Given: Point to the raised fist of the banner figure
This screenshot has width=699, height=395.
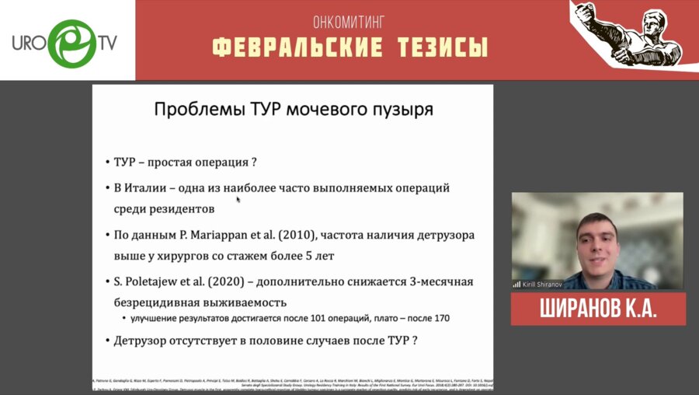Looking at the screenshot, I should coord(586,13).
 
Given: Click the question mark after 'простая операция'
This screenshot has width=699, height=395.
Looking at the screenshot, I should coord(253,163).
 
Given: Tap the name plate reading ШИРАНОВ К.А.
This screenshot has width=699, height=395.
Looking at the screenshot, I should coord(598,309).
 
